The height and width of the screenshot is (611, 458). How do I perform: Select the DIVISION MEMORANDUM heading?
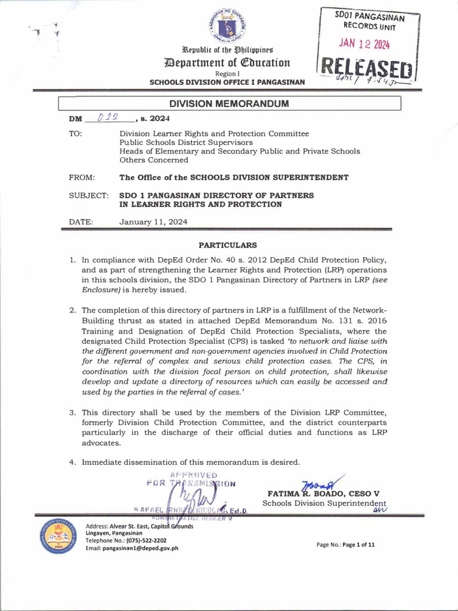229,104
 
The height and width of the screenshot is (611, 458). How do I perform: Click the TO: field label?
76,134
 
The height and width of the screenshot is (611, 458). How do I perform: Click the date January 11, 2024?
153,221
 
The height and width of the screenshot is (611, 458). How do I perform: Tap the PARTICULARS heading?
228,245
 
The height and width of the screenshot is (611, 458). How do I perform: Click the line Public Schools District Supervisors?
186,143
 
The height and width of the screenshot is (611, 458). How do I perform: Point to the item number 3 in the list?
72,412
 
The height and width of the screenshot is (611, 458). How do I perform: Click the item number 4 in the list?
72,462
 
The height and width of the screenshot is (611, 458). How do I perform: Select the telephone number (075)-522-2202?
143,540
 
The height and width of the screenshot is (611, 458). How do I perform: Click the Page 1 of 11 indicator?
346,544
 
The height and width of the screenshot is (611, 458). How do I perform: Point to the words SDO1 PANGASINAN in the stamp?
369,17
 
